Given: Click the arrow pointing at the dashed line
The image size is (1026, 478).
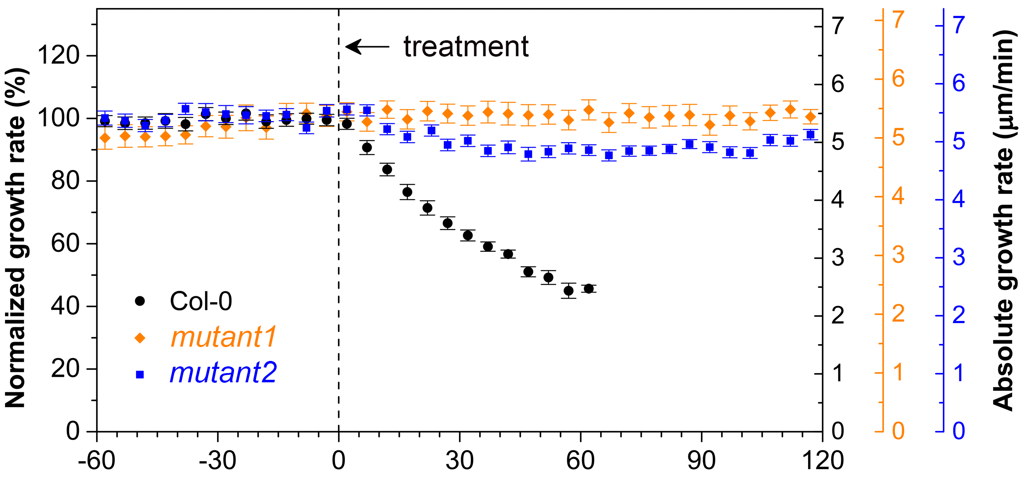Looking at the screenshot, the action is pos(367,47).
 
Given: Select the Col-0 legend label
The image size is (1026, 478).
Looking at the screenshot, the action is pos(201,301).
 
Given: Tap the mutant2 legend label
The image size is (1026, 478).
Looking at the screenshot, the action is pos(223,373).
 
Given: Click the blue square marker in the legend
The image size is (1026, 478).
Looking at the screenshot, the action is pos(140,374).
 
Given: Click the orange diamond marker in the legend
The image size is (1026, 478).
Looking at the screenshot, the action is pos(140,338).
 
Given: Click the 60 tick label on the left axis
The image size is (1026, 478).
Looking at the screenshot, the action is pos(65,243).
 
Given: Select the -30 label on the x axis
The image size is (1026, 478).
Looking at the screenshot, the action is pos(218,460).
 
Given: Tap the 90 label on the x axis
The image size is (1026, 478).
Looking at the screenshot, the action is pos(701,460).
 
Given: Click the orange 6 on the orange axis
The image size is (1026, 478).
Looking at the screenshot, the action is pos(898,78).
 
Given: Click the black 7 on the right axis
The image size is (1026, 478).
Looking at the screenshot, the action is pos(838,26).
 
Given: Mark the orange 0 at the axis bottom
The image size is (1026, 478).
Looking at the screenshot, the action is pos(898,431).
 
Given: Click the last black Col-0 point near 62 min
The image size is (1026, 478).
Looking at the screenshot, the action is pos(589,288).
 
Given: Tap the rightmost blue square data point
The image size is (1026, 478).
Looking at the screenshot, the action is pos(811,135).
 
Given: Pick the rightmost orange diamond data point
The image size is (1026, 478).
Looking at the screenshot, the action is pos(811,117).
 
